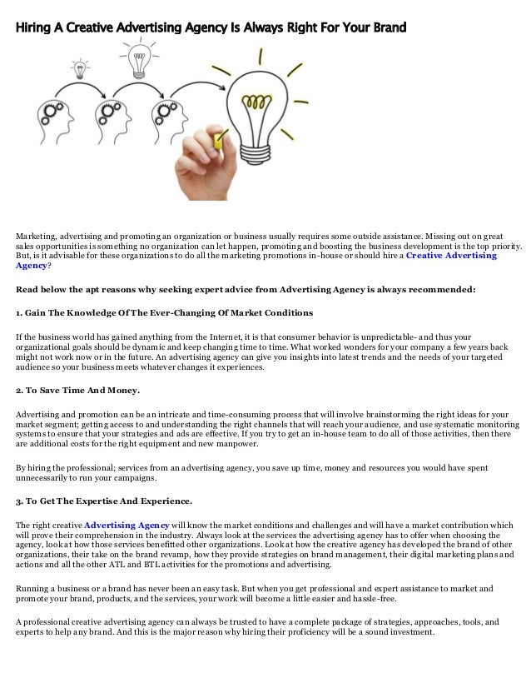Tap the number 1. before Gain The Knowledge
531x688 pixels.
(19, 313)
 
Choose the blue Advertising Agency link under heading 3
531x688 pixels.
(127, 525)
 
